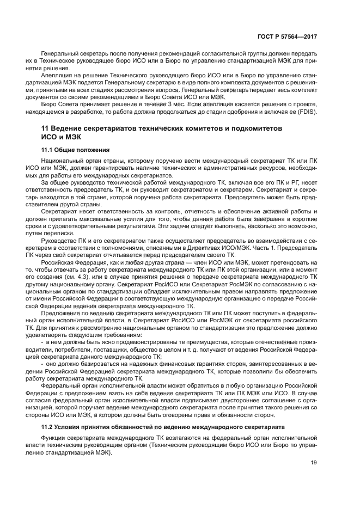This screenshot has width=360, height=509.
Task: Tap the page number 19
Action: click(x=313, y=463)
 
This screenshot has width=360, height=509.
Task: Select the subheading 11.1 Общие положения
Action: click(x=76, y=149)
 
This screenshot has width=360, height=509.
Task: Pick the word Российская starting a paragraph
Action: click(x=60, y=262)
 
